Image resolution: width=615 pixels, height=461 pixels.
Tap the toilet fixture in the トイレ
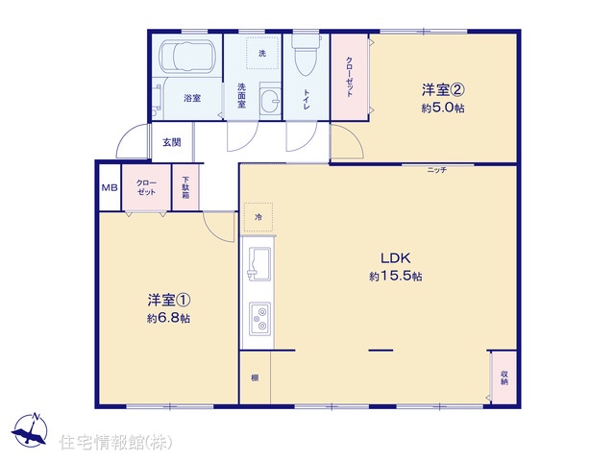click(306, 55)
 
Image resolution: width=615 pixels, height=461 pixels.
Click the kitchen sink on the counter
click(258, 264)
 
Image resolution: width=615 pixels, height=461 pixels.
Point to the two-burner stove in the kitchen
click(260, 319)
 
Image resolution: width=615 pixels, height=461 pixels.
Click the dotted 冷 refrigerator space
click(258, 217)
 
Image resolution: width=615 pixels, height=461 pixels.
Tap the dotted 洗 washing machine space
click(262, 53)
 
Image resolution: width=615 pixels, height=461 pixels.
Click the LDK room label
click(395, 258)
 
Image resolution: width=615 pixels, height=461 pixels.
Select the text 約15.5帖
click(395, 277)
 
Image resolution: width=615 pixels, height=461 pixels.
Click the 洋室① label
click(169, 301)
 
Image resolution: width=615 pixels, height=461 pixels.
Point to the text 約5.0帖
click(443, 108)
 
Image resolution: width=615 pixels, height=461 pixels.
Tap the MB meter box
click(110, 188)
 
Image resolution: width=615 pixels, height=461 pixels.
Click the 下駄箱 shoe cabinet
click(185, 187)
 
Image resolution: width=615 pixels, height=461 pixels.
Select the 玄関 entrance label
click(172, 142)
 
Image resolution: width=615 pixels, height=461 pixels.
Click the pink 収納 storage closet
click(504, 377)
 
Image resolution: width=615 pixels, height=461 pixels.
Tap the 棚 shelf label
click(255, 377)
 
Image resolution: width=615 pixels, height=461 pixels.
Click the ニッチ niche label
click(437, 170)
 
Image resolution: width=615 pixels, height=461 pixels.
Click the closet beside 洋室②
click(350, 77)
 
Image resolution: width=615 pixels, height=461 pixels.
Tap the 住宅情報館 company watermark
click(115, 442)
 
